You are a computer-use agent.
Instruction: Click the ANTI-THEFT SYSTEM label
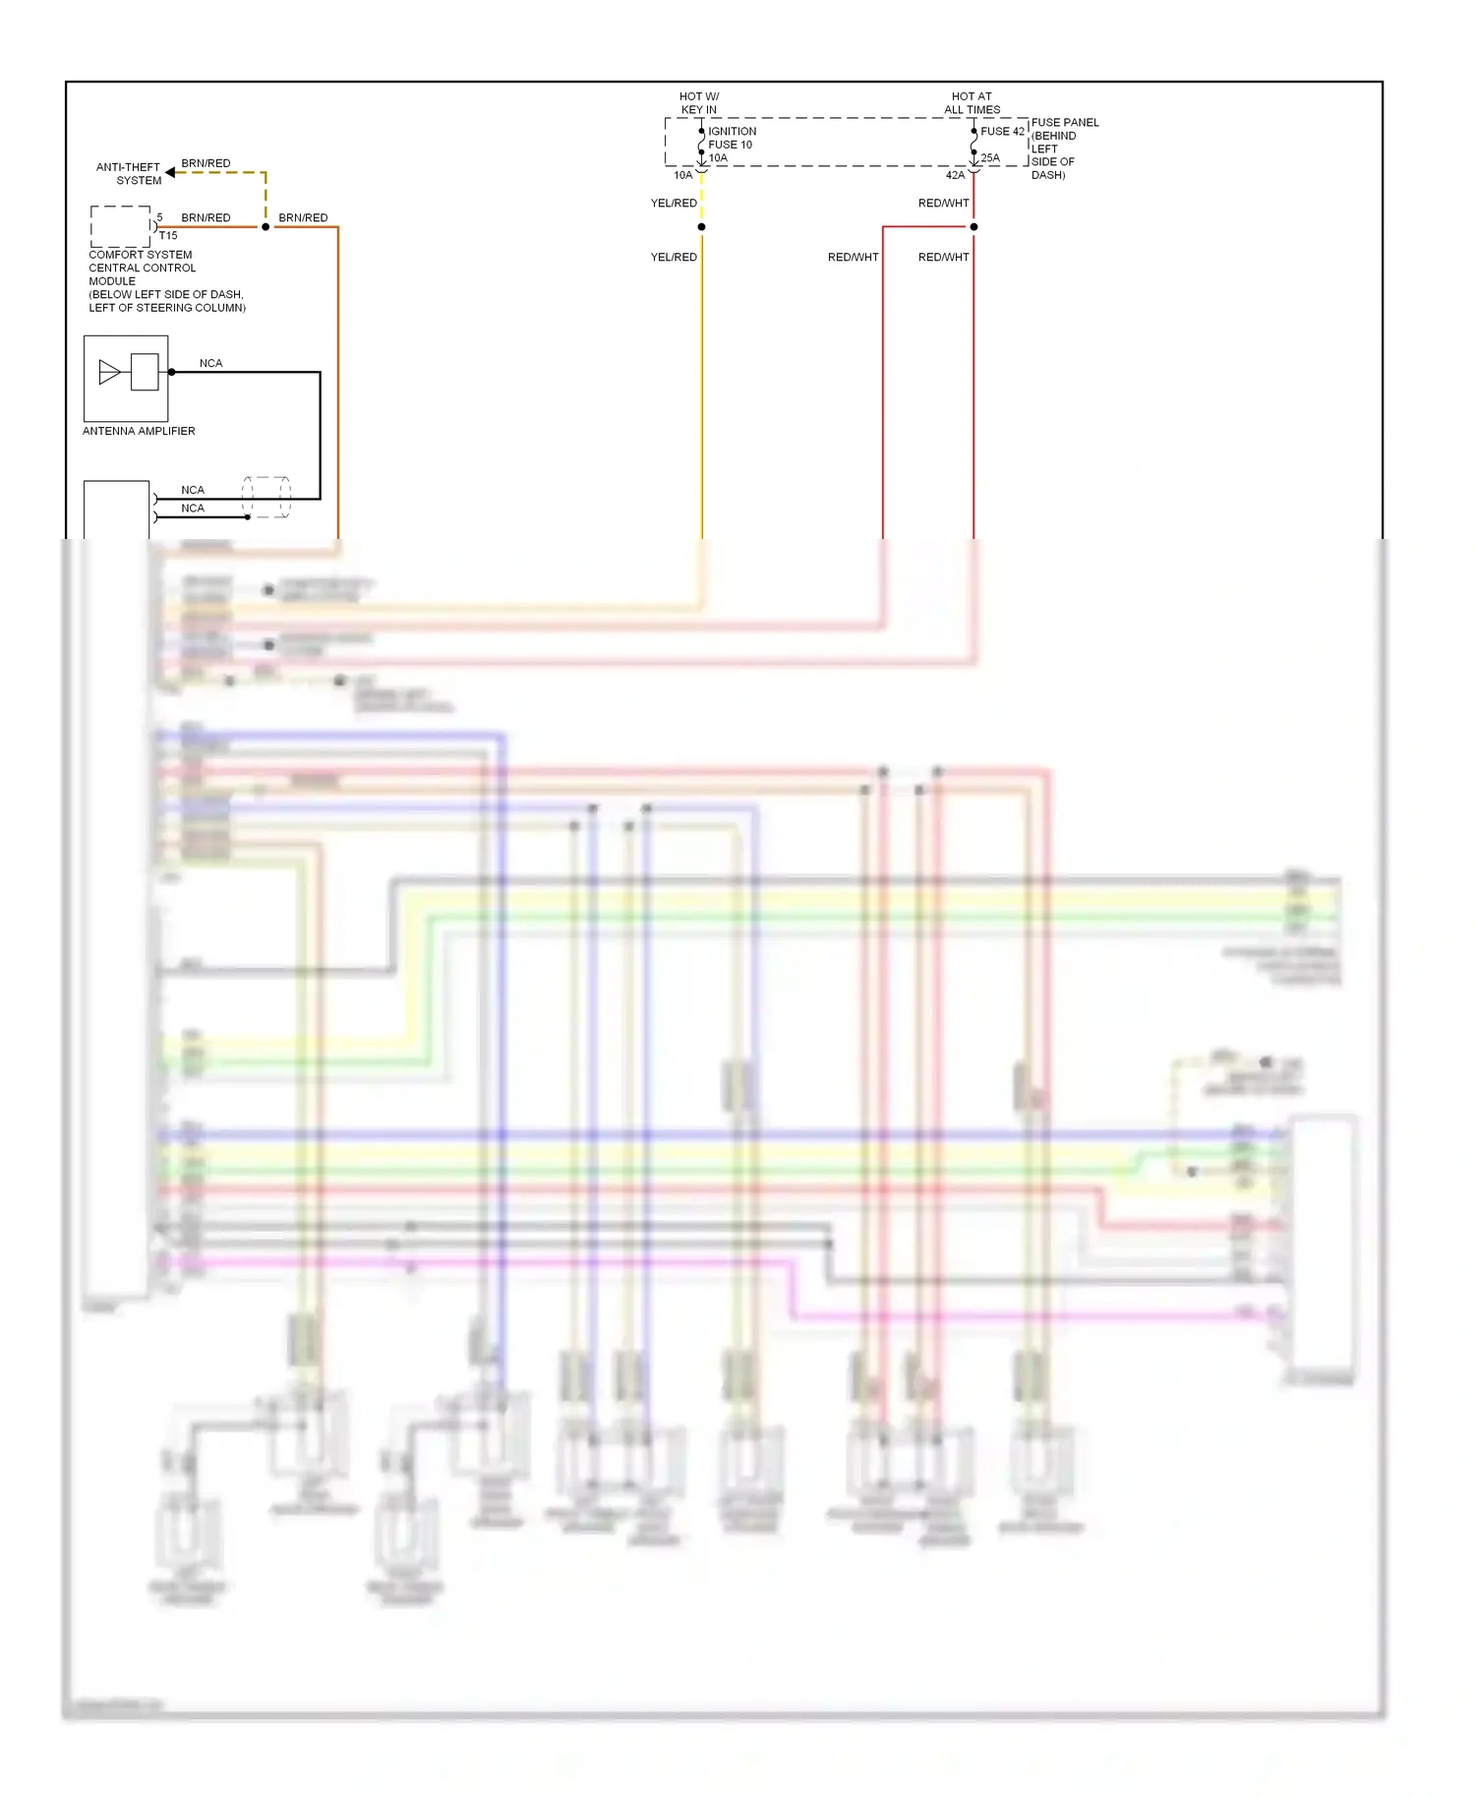pos(128,173)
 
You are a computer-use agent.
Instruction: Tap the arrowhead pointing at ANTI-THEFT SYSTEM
pos(170,172)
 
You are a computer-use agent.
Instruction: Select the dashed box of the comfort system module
pos(120,226)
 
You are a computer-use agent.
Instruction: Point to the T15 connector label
pos(168,236)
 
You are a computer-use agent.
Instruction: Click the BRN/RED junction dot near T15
pos(265,227)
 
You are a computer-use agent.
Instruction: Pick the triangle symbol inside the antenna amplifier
pos(109,372)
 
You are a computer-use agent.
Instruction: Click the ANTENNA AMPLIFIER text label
pos(139,431)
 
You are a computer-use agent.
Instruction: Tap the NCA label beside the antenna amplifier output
pos(210,363)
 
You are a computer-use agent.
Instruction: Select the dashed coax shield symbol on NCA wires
pos(266,498)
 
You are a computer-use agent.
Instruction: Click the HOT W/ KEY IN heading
pos(698,103)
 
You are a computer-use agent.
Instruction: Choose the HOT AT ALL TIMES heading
pos(972,103)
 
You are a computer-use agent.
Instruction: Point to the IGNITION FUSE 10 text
pos(732,138)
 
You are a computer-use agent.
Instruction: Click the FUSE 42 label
pos(1002,131)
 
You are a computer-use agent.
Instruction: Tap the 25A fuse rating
pos(990,157)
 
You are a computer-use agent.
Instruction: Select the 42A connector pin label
pos(955,175)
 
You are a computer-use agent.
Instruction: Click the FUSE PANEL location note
pos(1064,149)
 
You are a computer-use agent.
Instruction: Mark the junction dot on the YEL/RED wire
pos(701,227)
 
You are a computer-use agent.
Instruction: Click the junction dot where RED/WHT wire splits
pos(973,227)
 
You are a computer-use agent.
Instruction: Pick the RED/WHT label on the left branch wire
pos(853,257)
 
